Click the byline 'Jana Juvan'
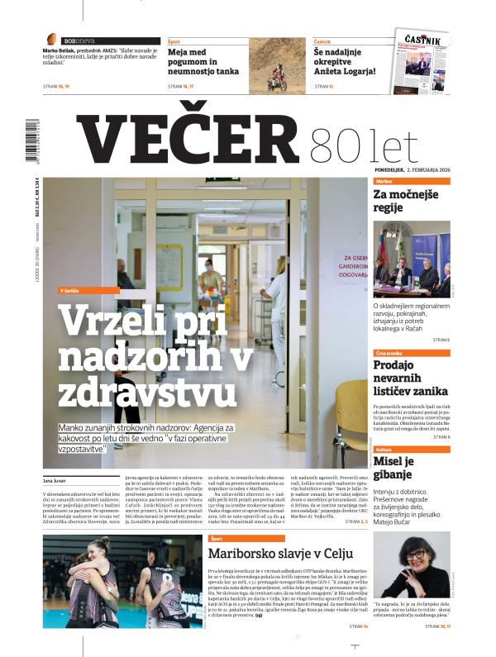tap(55, 479)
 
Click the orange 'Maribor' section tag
tap(384, 180)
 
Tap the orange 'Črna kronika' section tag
tap(390, 354)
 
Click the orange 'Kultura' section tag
tap(384, 450)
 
